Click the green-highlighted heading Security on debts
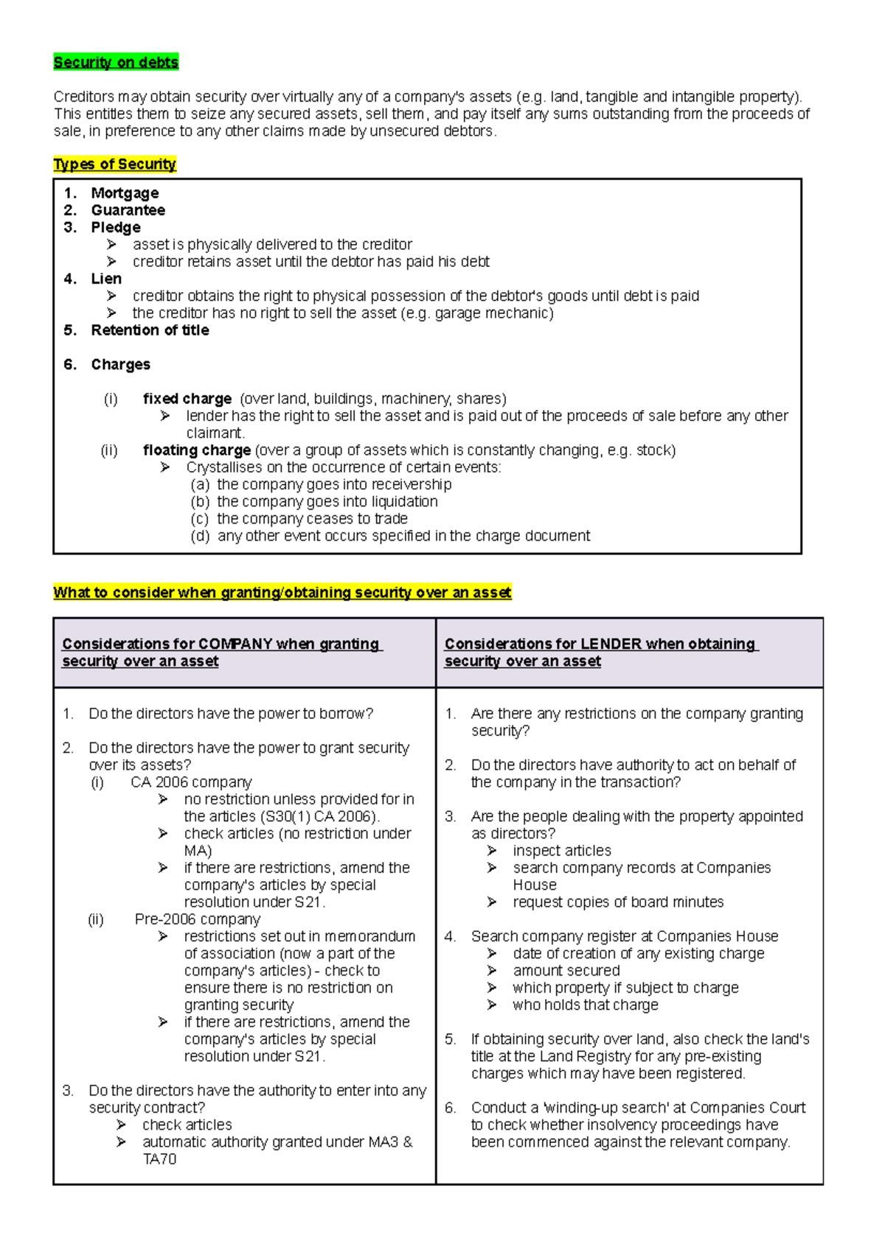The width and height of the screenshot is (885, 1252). click(x=116, y=63)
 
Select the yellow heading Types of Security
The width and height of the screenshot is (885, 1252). click(x=114, y=164)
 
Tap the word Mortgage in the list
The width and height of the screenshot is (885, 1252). click(x=125, y=193)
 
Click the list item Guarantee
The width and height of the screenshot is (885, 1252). click(x=128, y=210)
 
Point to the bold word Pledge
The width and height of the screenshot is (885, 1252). click(x=116, y=227)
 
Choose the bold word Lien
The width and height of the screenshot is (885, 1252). click(x=106, y=279)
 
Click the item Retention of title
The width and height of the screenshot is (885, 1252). click(x=150, y=330)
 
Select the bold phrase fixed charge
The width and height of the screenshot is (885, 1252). click(x=187, y=399)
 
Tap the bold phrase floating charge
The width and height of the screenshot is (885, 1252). click(x=197, y=451)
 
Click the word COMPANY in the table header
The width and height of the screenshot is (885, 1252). click(x=235, y=644)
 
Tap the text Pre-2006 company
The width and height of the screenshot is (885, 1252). click(x=197, y=919)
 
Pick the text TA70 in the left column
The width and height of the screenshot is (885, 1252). click(x=159, y=1159)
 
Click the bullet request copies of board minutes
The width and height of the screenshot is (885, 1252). click(x=618, y=903)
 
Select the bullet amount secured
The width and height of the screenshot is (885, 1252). click(x=566, y=971)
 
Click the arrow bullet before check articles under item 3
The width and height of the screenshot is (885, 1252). click(x=122, y=1125)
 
